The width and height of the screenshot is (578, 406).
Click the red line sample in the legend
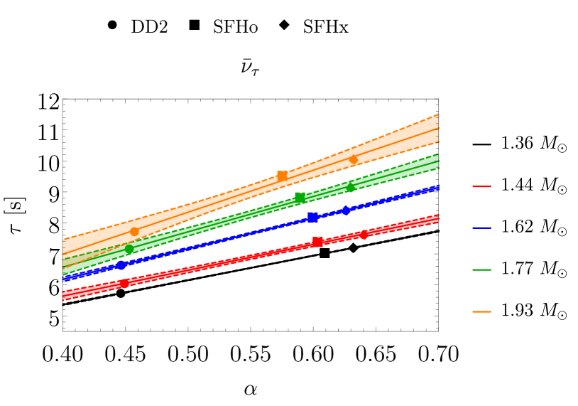(x=481, y=186)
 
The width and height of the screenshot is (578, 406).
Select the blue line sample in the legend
(x=481, y=228)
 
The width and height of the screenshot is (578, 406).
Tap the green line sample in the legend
(x=481, y=269)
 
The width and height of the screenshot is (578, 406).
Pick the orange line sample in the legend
(x=481, y=311)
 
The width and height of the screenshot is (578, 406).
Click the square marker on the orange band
(x=282, y=176)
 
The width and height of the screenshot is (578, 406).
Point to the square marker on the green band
(x=300, y=197)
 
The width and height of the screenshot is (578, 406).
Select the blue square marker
(x=312, y=217)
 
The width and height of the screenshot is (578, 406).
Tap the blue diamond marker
(x=346, y=210)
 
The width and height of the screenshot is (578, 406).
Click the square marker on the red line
(x=317, y=242)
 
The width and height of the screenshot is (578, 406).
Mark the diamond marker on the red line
(x=364, y=234)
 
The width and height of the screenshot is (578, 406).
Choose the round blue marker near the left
(x=121, y=265)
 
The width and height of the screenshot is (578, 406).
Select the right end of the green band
(x=437, y=162)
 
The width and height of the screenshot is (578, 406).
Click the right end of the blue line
(x=437, y=188)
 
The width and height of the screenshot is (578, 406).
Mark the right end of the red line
(x=437, y=219)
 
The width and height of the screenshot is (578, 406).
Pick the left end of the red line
(x=65, y=295)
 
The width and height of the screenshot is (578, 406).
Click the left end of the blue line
(x=65, y=279)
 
